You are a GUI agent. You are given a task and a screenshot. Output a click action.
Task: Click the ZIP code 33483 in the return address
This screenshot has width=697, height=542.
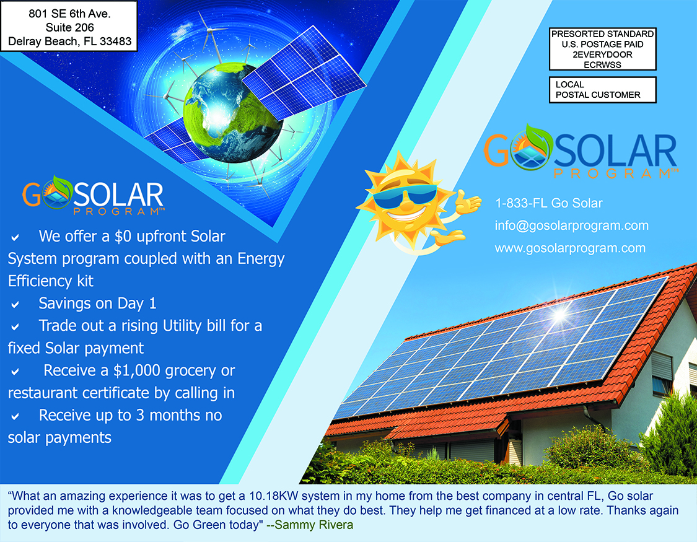click(116, 42)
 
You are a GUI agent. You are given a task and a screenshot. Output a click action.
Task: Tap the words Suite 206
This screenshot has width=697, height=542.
click(70, 27)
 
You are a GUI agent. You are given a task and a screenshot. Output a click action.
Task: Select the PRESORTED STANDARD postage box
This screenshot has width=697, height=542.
click(602, 49)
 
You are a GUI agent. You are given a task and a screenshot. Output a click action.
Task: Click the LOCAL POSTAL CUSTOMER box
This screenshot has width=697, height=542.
click(602, 90)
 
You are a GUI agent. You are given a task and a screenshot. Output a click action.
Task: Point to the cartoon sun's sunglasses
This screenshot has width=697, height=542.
click(405, 194)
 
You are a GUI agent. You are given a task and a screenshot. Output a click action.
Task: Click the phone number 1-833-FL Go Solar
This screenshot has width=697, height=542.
click(548, 203)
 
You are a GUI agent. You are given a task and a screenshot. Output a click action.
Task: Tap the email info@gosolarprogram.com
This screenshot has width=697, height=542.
click(572, 225)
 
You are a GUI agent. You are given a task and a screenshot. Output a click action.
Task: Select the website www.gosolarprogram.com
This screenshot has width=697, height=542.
click(570, 248)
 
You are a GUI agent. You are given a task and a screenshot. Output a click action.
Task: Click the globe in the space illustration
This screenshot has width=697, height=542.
click(232, 113)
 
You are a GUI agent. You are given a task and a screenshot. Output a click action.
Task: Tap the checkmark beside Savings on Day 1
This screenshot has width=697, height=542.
click(15, 304)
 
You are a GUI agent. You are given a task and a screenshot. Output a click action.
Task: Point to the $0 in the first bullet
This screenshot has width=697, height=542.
click(123, 237)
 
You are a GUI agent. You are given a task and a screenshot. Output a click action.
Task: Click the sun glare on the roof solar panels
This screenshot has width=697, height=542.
click(559, 315)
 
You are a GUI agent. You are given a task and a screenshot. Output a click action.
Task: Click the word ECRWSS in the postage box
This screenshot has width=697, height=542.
click(602, 64)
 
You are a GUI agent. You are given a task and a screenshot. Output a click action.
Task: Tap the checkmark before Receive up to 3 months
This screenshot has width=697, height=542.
click(15, 416)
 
